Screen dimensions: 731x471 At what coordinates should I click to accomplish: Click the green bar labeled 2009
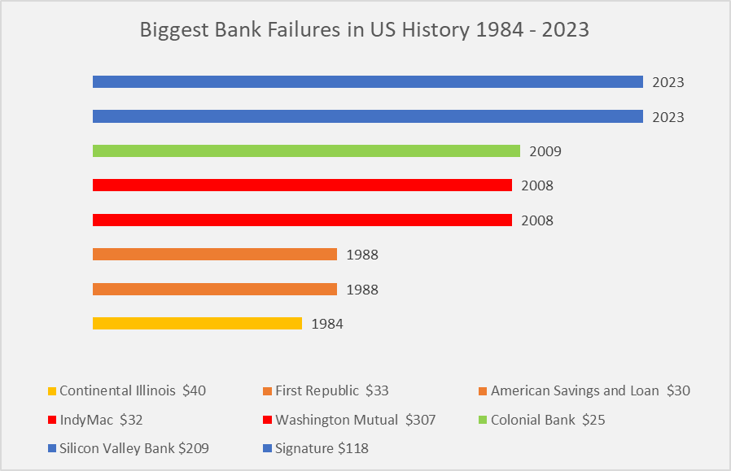(x=306, y=151)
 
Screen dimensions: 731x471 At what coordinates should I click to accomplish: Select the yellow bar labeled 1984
(x=197, y=323)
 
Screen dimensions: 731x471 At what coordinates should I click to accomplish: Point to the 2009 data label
(x=545, y=151)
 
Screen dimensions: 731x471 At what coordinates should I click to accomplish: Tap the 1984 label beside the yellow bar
(x=327, y=324)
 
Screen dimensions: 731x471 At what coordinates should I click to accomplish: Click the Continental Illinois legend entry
(x=127, y=390)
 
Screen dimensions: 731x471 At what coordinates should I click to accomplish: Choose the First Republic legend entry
(x=326, y=390)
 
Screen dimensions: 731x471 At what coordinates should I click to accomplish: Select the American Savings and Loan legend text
(x=575, y=390)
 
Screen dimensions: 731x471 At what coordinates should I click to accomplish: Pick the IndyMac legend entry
(x=95, y=420)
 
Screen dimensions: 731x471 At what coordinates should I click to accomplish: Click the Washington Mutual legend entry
(x=349, y=420)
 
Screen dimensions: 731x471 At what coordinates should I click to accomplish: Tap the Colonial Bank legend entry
(x=541, y=420)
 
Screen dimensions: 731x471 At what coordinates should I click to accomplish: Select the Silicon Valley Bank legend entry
(x=128, y=448)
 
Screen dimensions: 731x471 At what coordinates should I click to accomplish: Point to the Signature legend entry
(x=316, y=448)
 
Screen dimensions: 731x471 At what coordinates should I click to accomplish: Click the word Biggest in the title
(x=175, y=30)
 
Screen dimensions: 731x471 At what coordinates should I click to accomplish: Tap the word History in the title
(x=436, y=30)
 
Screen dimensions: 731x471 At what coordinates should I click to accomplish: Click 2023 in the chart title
(x=566, y=29)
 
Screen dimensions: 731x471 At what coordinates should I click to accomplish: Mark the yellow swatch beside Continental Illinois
(x=52, y=390)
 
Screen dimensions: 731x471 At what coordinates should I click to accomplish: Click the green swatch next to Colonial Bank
(x=483, y=421)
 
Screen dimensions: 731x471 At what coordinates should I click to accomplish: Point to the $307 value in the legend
(x=421, y=420)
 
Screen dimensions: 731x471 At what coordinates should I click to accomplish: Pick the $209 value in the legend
(x=194, y=448)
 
